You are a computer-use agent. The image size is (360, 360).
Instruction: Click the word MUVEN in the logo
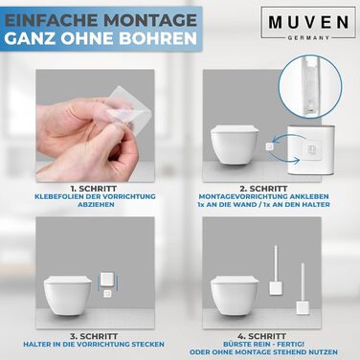point(308,22)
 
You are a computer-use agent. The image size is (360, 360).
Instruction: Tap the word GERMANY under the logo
point(308,37)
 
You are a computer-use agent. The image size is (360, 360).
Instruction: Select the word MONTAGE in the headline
point(150,20)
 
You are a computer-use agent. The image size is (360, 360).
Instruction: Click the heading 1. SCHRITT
point(95,189)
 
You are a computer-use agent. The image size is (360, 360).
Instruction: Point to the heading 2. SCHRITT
point(263,189)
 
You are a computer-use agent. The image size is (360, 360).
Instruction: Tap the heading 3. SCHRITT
point(94,336)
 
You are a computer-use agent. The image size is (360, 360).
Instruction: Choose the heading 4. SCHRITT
point(261,336)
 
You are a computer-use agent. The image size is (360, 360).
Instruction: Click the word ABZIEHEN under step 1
point(96,204)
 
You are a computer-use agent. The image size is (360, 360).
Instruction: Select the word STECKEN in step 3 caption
point(147,345)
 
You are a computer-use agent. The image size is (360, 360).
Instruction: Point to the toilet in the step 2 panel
point(235,145)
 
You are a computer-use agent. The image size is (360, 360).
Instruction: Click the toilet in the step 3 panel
point(68,296)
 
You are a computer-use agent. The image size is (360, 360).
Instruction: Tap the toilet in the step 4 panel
point(235,296)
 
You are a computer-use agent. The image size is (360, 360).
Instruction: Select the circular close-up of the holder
point(310,85)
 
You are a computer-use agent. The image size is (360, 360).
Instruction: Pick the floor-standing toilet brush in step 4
point(302,289)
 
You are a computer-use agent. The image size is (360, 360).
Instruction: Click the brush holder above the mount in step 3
point(107,280)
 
